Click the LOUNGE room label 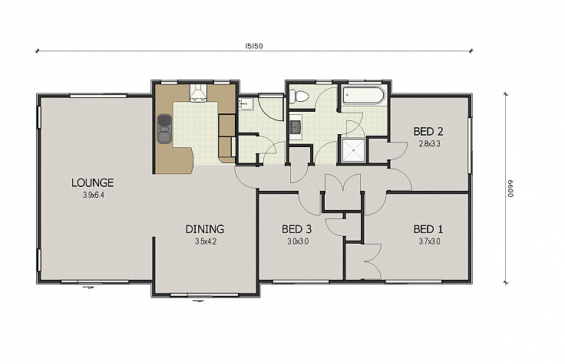tap(93, 182)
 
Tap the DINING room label tap(205, 229)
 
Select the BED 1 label tap(428, 229)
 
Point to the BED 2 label tap(428, 131)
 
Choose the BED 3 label tap(296, 229)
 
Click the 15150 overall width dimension tap(254, 46)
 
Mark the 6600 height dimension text tap(510, 189)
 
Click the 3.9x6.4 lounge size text tap(94, 195)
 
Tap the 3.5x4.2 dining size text tap(206, 241)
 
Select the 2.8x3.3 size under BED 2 tap(429, 144)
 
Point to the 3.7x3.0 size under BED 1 tap(429, 241)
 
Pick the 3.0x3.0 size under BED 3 tap(298, 241)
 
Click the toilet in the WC tap(299, 96)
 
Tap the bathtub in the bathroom tap(363, 95)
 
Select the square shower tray tap(353, 150)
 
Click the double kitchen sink tap(164, 129)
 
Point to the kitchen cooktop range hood tap(198, 93)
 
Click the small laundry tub tap(246, 103)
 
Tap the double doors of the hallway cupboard tap(342, 182)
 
